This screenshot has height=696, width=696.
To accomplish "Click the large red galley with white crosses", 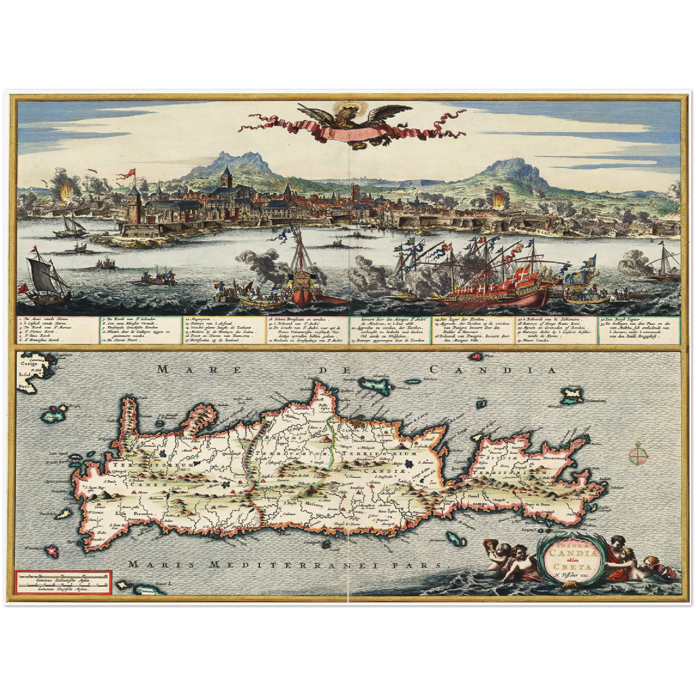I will coord(496,289).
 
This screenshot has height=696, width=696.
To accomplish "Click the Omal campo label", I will coord(474,499).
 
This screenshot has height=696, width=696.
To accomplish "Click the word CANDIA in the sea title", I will coord(492,370).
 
